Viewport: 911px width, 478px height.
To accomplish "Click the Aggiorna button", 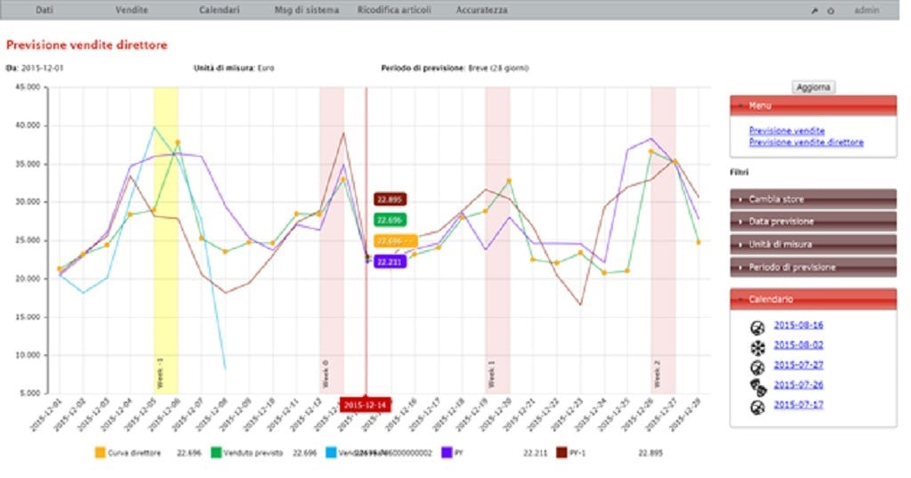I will pyautogui.click(x=812, y=86).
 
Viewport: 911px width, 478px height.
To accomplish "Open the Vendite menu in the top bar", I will pyautogui.click(x=132, y=10).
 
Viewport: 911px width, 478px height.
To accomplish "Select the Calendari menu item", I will pyautogui.click(x=219, y=10).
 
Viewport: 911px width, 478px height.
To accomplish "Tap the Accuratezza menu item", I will pyautogui.click(x=481, y=10).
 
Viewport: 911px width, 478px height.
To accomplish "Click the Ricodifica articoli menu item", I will pyautogui.click(x=394, y=10).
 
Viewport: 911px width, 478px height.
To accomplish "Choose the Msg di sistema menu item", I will pyautogui.click(x=307, y=10).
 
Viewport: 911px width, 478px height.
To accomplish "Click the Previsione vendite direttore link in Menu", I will pyautogui.click(x=806, y=142).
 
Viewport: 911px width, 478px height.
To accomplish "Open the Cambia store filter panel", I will pyautogui.click(x=812, y=198).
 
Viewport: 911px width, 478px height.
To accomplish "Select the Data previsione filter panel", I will pyautogui.click(x=812, y=221).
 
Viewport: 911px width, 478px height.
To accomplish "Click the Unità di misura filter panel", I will pyautogui.click(x=812, y=243).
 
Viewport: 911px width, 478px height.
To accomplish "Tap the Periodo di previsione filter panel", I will pyautogui.click(x=812, y=266).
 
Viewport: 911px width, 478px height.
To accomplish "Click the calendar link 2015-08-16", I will pyautogui.click(x=798, y=325).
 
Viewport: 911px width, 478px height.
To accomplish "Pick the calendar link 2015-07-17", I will pyautogui.click(x=798, y=405).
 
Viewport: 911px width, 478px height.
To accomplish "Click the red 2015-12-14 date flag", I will pyautogui.click(x=366, y=405).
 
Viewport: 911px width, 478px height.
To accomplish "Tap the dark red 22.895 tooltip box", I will pyautogui.click(x=391, y=199).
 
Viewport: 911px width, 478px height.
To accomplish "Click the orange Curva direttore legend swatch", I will pyautogui.click(x=99, y=453).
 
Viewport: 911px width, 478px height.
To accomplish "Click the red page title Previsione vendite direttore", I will pyautogui.click(x=86, y=44).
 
